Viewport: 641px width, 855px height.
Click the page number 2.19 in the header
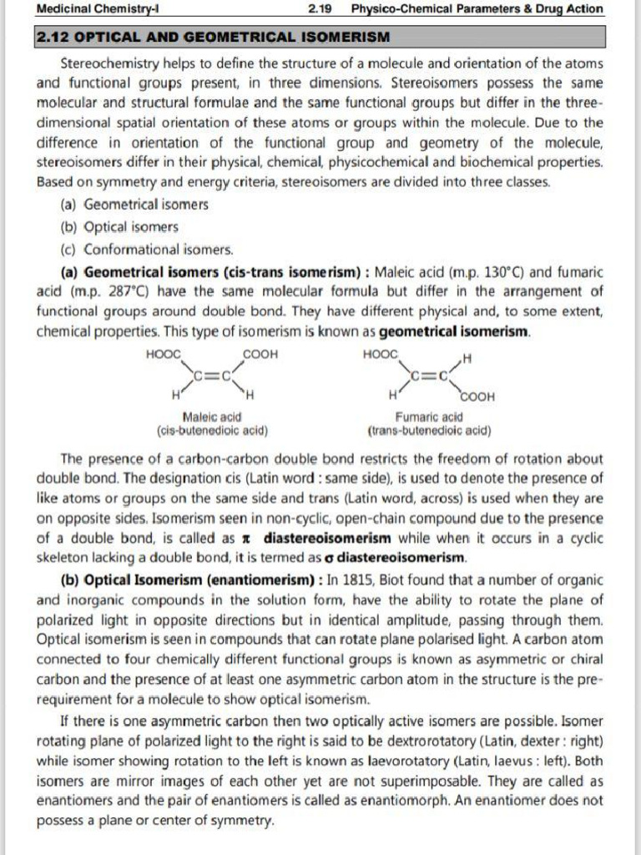tap(319, 9)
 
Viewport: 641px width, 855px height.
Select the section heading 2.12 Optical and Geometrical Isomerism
tap(212, 38)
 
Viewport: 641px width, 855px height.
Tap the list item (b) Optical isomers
tap(119, 226)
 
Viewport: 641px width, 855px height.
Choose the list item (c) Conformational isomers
tap(147, 249)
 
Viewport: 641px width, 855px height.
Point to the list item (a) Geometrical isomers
tap(134, 205)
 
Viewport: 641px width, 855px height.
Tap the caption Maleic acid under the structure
tap(212, 417)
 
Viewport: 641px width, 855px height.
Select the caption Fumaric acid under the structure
tap(429, 417)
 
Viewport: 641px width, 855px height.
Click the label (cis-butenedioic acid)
tap(212, 431)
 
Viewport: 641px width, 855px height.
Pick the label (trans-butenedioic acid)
tap(429, 431)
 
